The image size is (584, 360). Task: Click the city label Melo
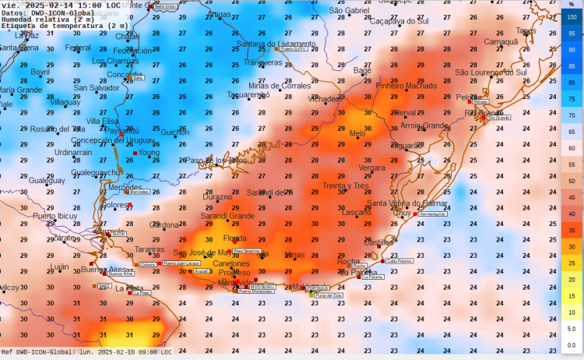(x=357, y=133)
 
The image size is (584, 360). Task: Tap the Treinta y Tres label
(x=345, y=185)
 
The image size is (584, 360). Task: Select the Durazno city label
(x=217, y=197)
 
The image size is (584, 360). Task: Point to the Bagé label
(x=362, y=70)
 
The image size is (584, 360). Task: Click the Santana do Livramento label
(x=277, y=44)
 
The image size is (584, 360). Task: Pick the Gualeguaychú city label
(x=96, y=172)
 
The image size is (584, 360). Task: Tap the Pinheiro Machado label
(x=406, y=86)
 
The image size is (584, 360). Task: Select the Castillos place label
(x=379, y=242)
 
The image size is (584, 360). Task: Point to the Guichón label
(x=174, y=132)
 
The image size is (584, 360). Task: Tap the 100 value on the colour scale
(x=572, y=16)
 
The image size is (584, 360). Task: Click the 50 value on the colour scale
(x=572, y=181)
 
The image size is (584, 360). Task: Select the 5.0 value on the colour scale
(x=572, y=329)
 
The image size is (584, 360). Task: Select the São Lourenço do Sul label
(x=491, y=72)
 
